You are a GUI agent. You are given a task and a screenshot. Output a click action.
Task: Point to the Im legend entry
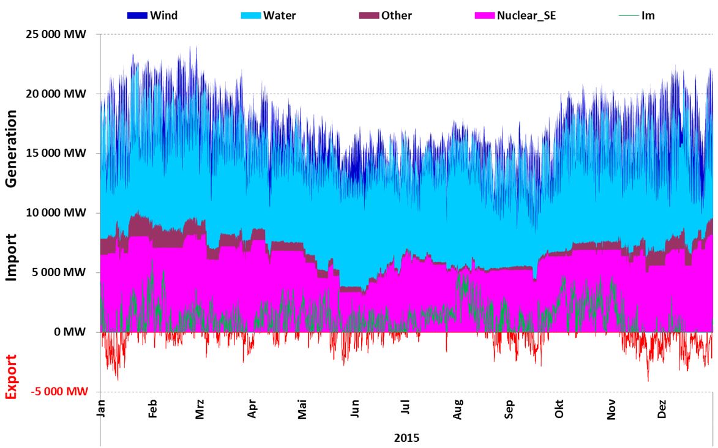click(x=648, y=15)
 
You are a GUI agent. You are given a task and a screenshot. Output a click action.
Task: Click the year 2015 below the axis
click(x=406, y=438)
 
